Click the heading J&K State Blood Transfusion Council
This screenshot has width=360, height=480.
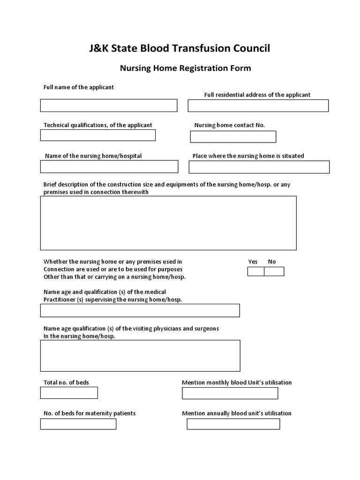click(x=180, y=48)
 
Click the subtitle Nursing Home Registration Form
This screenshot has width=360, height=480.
click(x=185, y=68)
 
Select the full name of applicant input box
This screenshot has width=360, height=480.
click(x=108, y=105)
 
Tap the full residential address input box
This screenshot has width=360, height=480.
click(x=258, y=105)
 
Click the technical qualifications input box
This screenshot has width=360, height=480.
click(x=97, y=135)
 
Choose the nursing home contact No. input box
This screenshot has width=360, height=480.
click(x=233, y=136)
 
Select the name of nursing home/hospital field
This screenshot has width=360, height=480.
click(x=109, y=166)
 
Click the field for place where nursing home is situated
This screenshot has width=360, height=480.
click(x=259, y=167)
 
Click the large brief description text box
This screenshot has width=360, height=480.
click(x=168, y=223)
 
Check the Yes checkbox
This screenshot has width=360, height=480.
click(x=255, y=271)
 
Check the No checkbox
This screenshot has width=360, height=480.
click(x=274, y=271)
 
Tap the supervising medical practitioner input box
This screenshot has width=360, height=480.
click(x=140, y=310)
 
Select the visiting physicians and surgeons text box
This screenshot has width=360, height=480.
click(x=140, y=355)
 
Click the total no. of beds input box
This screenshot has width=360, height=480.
click(x=69, y=393)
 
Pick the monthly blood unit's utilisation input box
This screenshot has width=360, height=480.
click(x=230, y=393)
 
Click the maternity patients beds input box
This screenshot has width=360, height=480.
click(x=78, y=424)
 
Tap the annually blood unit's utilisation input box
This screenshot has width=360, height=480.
click(x=233, y=424)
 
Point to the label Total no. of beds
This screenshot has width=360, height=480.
click(x=66, y=382)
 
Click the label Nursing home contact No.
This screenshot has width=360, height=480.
click(x=230, y=125)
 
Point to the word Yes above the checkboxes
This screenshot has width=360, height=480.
click(x=253, y=262)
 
